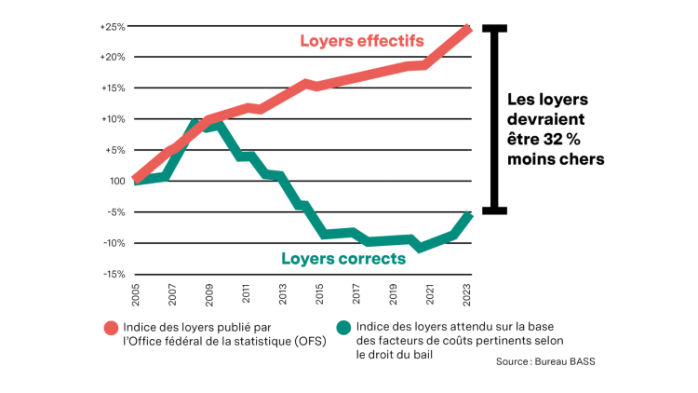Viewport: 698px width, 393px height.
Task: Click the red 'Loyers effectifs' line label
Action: [361, 41]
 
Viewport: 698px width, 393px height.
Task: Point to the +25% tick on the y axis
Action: [113, 26]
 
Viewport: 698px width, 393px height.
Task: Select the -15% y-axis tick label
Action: [113, 274]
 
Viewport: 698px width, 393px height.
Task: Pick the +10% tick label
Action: [113, 119]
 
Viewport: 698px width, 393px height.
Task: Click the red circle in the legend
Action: [111, 328]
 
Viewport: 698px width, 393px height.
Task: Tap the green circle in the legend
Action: [344, 328]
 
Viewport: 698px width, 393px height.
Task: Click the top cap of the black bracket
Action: [494, 27]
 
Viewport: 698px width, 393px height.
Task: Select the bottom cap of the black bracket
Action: [494, 210]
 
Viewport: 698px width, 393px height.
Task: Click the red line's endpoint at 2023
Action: [469, 29]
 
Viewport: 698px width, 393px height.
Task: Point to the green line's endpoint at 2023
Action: [469, 216]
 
